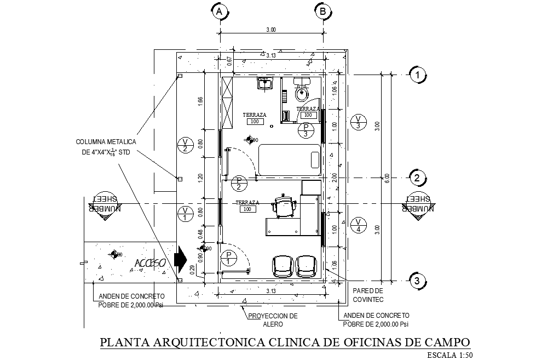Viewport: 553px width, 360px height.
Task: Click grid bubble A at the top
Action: [220, 11]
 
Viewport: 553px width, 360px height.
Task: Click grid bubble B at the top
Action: [323, 11]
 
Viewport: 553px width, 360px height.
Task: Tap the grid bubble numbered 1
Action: [417, 75]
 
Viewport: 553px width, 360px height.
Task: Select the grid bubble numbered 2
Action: [417, 178]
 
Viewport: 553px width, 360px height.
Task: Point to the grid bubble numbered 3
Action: [417, 281]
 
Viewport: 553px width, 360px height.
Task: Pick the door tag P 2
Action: [239, 184]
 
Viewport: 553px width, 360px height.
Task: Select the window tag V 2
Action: [185, 145]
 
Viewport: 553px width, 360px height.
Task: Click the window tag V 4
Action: [358, 224]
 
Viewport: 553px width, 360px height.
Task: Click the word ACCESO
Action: [151, 264]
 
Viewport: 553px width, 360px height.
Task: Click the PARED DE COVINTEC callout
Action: [368, 295]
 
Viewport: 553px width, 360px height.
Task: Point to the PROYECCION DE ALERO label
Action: [272, 320]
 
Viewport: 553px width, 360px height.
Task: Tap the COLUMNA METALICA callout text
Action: [106, 147]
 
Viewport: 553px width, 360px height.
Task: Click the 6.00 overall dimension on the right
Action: [387, 178]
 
